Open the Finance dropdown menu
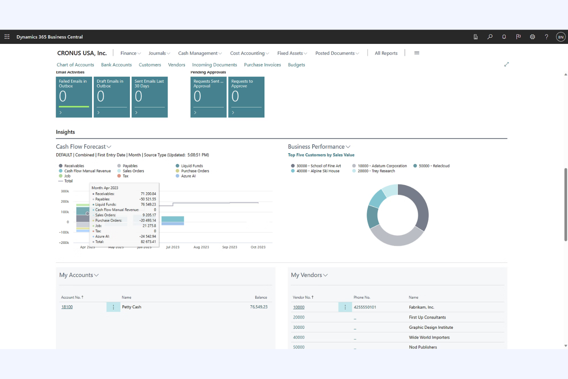click(x=130, y=53)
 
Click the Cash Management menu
click(x=200, y=53)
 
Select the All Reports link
click(x=386, y=53)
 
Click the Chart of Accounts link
click(x=75, y=65)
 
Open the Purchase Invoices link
click(x=262, y=65)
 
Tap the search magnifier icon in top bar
click(x=490, y=37)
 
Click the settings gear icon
click(x=532, y=37)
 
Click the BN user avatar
click(x=560, y=37)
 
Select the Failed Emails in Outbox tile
click(x=74, y=97)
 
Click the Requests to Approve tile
click(x=246, y=97)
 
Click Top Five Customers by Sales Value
click(x=321, y=155)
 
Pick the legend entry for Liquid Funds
click(x=192, y=166)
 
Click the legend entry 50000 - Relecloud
click(x=434, y=166)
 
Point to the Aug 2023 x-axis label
click(x=201, y=247)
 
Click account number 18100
click(x=67, y=307)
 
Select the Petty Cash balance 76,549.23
click(x=258, y=307)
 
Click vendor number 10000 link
click(x=299, y=307)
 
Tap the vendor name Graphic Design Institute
click(x=431, y=328)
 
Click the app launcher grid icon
click(x=7, y=37)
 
